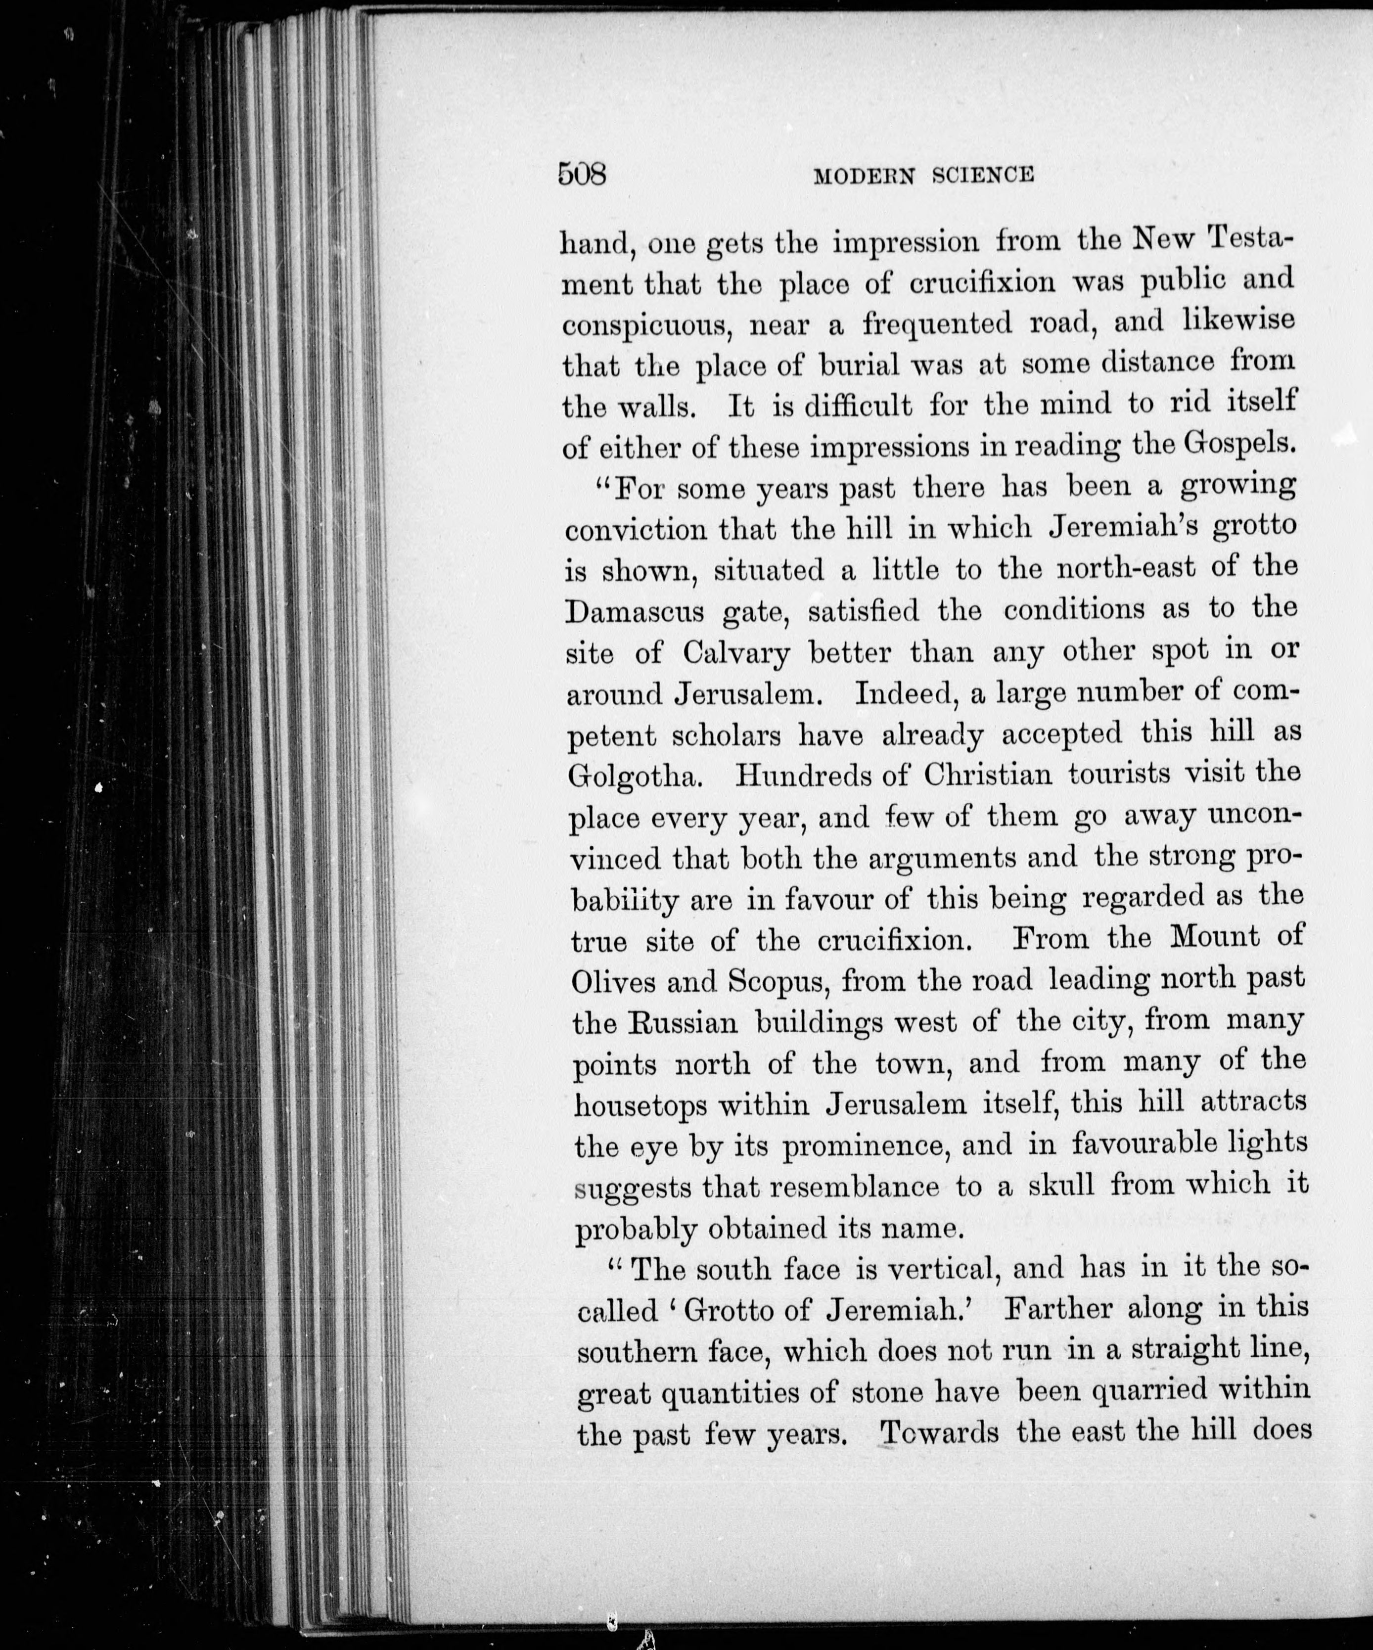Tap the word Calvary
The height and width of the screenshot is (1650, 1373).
click(736, 653)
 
